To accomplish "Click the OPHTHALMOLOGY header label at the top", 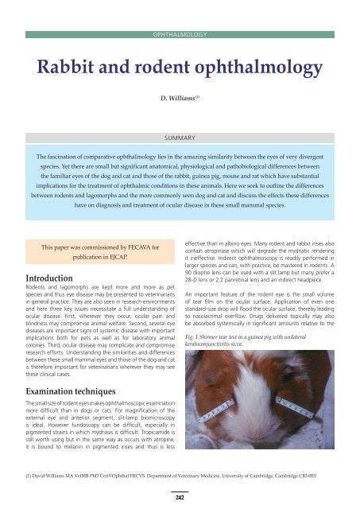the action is pos(180,36).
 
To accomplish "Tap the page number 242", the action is pos(180,495).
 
